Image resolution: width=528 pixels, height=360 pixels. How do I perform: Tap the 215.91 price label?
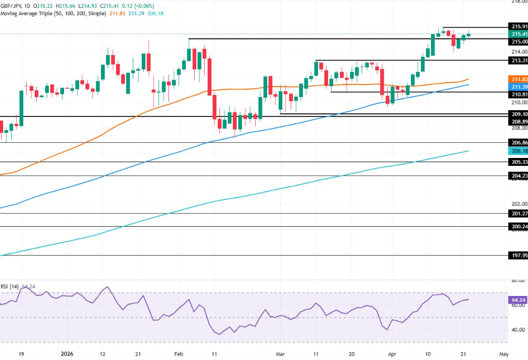pos(519,26)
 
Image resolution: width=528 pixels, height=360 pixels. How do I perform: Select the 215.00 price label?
pos(519,41)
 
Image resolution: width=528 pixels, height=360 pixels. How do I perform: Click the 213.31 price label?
pos(519,61)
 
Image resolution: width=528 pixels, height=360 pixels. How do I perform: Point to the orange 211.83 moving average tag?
pos(519,79)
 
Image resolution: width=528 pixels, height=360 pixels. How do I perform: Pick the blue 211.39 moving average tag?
pos(519,86)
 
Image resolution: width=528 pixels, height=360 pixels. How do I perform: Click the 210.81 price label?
pos(519,94)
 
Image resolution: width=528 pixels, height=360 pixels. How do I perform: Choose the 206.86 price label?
pos(519,143)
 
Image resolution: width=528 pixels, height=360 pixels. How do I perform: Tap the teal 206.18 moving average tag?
pos(519,151)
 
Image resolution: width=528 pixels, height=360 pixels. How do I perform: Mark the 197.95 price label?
pos(519,256)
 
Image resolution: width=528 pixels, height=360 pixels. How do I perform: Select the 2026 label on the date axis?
pos(67,354)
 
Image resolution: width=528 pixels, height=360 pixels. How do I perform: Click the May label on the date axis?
pos(504,354)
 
